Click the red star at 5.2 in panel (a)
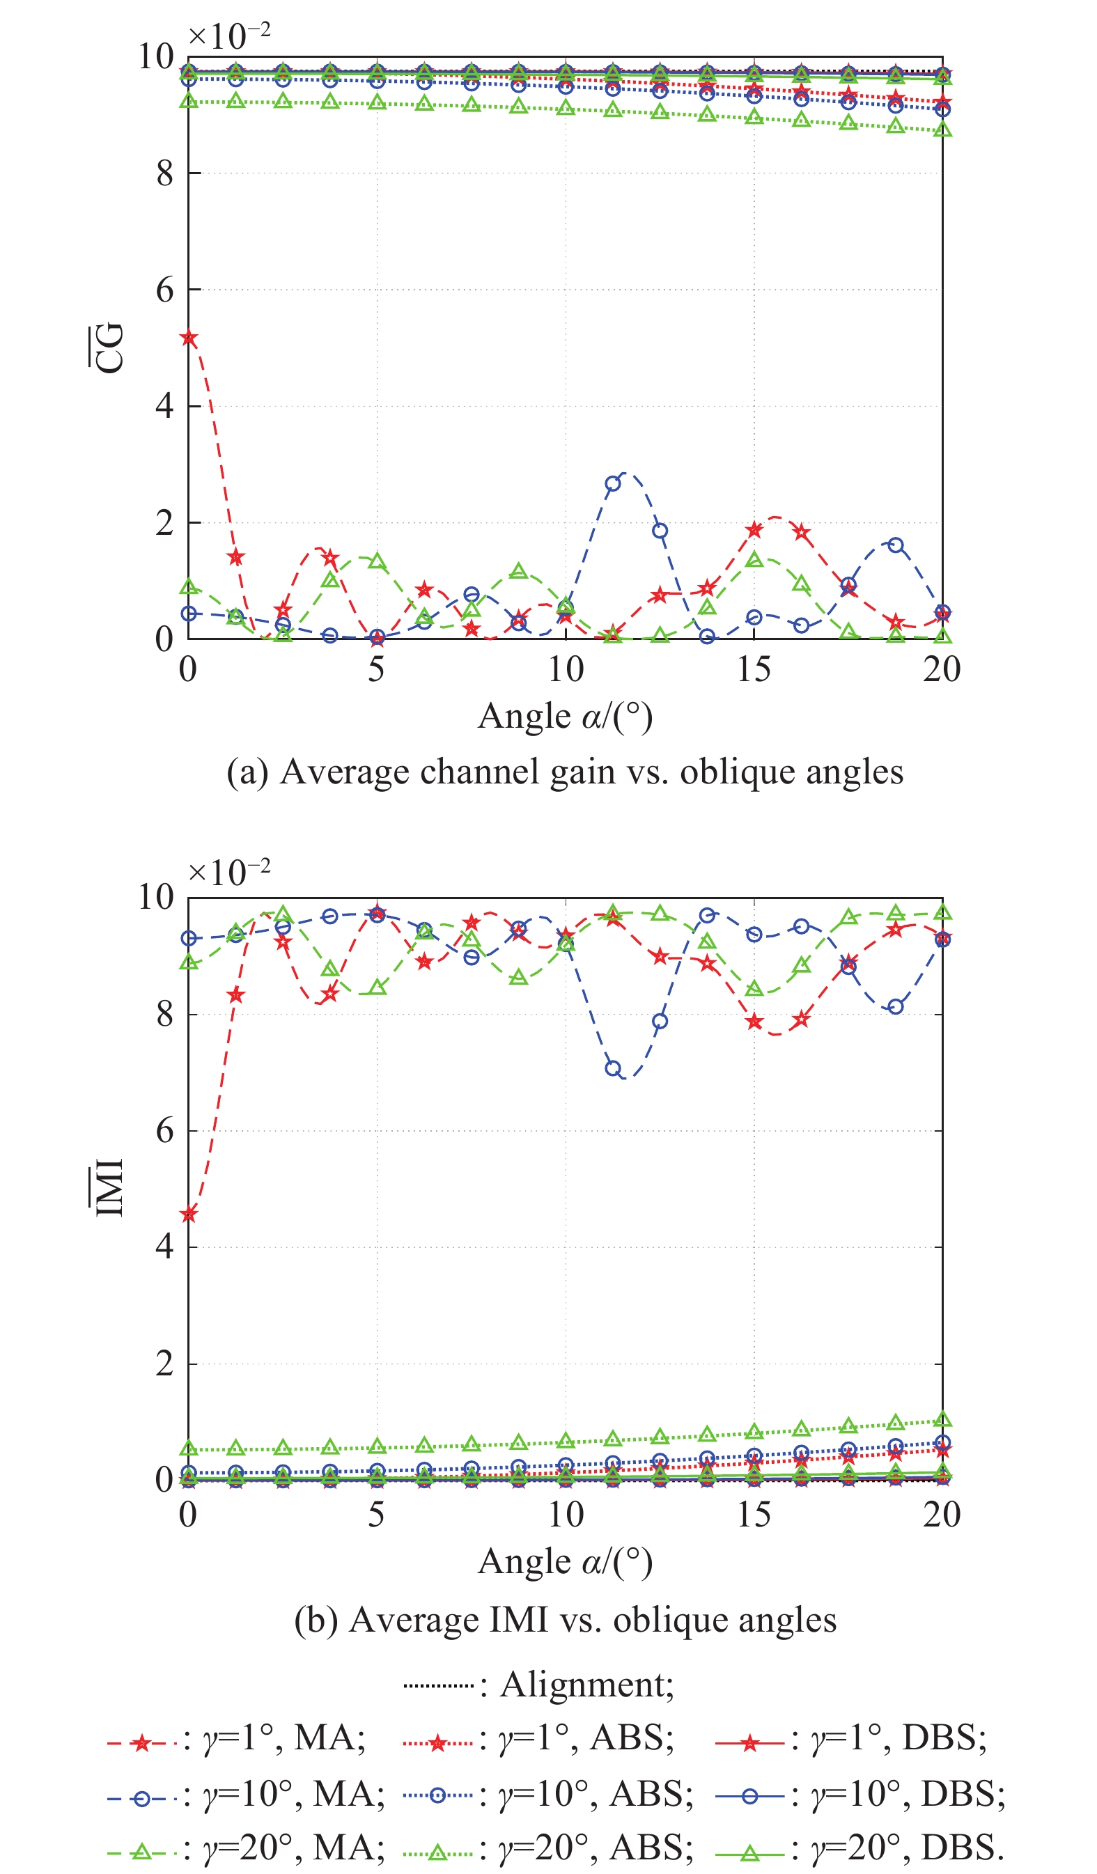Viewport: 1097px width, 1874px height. (189, 338)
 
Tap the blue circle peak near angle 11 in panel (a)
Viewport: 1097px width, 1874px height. (613, 483)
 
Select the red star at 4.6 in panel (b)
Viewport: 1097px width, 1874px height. (189, 1215)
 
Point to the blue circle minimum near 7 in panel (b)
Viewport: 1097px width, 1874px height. (613, 1069)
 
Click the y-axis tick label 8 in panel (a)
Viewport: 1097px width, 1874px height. (164, 173)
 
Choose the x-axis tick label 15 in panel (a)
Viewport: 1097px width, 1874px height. (754, 669)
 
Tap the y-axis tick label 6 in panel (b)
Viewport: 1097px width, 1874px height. (164, 1131)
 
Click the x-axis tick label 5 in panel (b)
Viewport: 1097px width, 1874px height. (376, 1514)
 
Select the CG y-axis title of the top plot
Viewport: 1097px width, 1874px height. (106, 348)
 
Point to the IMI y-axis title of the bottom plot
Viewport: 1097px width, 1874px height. (106, 1187)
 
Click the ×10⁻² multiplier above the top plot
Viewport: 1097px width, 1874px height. (228, 35)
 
